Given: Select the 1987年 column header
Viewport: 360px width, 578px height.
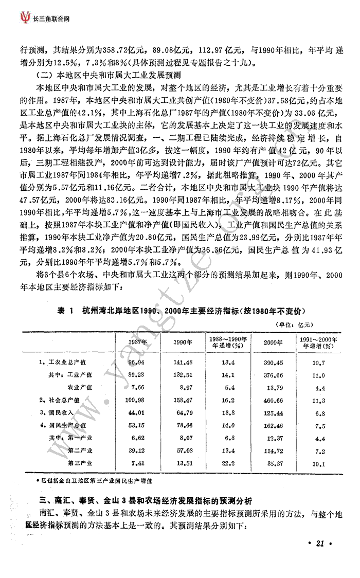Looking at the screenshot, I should [138, 342].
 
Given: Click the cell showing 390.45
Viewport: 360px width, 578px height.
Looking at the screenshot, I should [273, 363].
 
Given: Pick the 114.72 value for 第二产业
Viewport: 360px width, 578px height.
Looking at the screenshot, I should [273, 450].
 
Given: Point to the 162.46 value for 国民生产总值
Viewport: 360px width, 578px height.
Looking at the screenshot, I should [273, 425].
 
